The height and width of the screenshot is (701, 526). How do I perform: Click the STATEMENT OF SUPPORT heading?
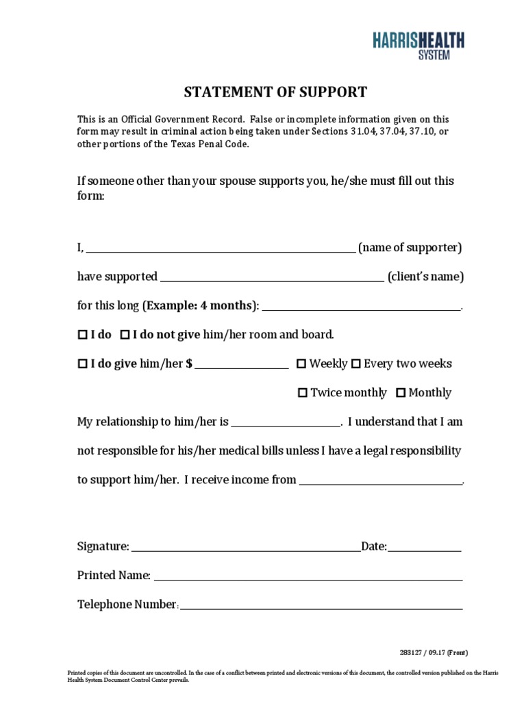coord(274,92)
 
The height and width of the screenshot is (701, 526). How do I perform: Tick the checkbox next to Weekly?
coord(301,364)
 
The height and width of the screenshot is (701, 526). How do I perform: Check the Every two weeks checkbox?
coord(356,364)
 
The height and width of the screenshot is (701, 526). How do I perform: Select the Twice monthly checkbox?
coord(303,393)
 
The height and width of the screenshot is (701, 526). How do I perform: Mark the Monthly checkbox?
coord(401,393)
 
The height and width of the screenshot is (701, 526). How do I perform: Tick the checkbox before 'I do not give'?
coord(125,335)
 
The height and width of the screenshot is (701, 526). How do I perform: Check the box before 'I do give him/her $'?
coord(82,364)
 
